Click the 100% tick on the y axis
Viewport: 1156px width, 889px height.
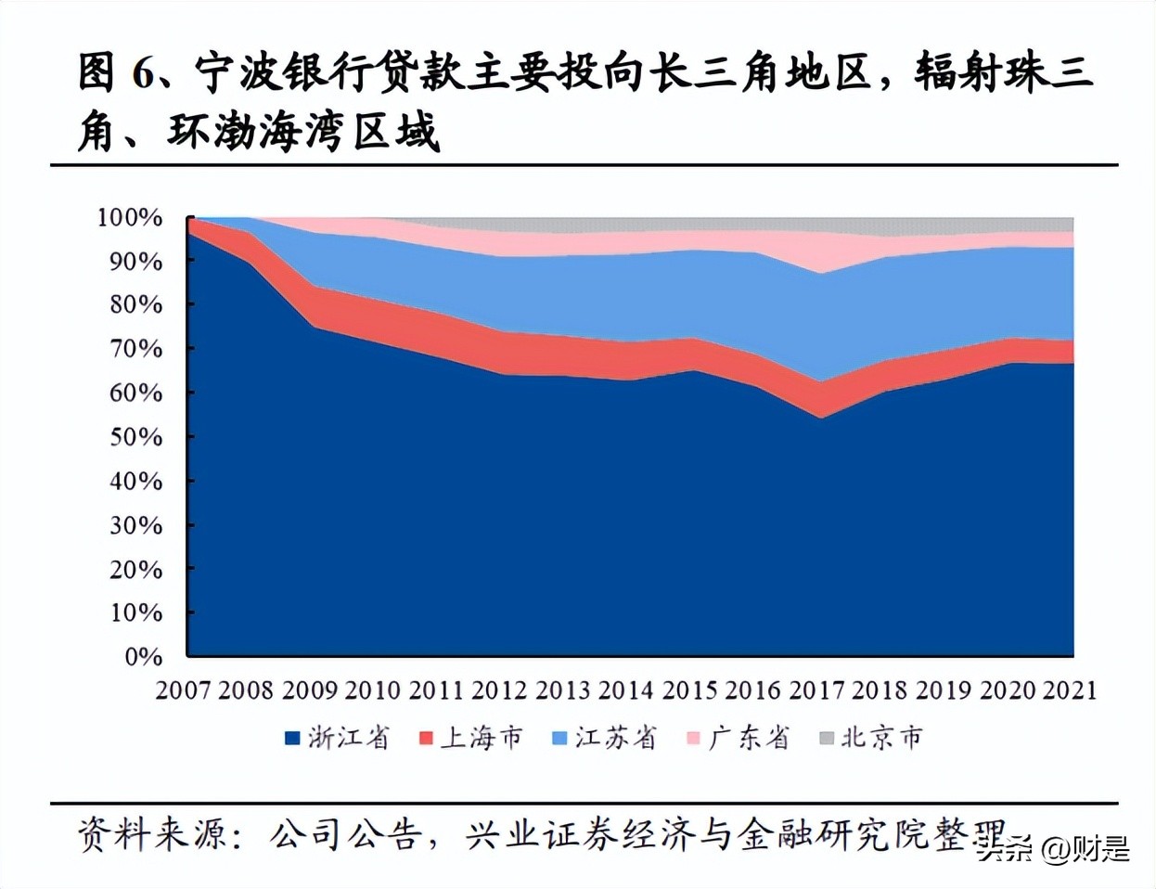click(x=129, y=217)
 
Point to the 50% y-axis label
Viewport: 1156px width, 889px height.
click(x=135, y=436)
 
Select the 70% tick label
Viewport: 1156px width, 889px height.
click(x=135, y=349)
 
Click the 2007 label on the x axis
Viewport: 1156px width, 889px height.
click(x=184, y=689)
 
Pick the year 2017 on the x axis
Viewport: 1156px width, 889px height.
click(x=816, y=689)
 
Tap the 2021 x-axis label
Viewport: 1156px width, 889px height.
click(x=1070, y=689)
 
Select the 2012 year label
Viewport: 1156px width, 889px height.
click(x=499, y=689)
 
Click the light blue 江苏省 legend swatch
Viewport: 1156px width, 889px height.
click(x=559, y=739)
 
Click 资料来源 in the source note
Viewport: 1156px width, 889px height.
click(x=152, y=833)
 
